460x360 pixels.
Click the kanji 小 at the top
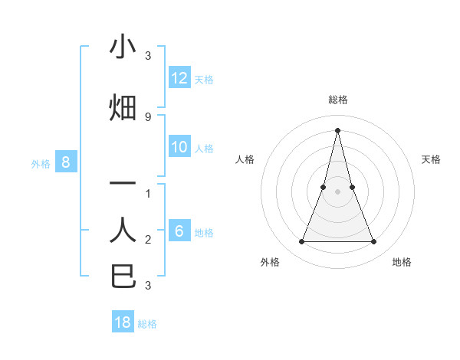click(x=123, y=47)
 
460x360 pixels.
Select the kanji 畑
click(x=123, y=108)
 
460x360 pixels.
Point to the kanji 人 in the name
click(x=123, y=230)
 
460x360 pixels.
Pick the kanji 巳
click(x=123, y=277)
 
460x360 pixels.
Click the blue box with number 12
click(x=179, y=78)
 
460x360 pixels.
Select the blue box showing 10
click(x=179, y=147)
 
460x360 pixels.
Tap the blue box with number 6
click(x=179, y=231)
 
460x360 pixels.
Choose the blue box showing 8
click(x=66, y=162)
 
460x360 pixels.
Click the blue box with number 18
click(x=123, y=322)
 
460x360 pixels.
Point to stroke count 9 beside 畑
click(x=148, y=116)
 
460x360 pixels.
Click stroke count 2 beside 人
click(x=148, y=240)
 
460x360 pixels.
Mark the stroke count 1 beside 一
click(x=148, y=193)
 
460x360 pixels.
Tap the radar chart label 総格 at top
click(x=338, y=100)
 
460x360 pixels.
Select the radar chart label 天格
click(x=431, y=159)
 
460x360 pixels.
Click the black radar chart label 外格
click(x=270, y=262)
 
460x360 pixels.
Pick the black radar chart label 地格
click(x=402, y=262)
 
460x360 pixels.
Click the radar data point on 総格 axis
click(x=337, y=129)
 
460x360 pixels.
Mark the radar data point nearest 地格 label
click(x=374, y=242)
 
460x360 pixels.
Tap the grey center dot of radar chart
click(x=337, y=191)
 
